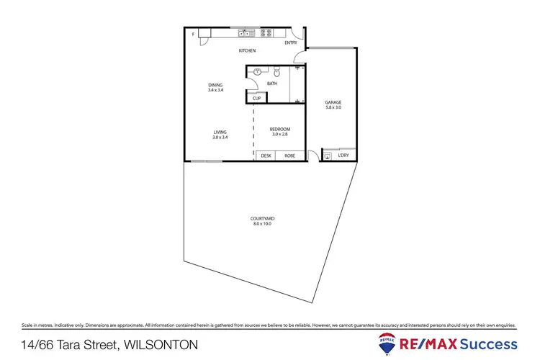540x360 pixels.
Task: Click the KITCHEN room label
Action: coord(247,50)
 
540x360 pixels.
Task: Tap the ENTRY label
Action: coord(291,42)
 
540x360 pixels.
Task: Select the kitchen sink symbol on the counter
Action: coord(247,32)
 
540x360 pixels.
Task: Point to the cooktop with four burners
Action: coord(266,32)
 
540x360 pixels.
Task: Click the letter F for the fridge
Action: coord(193,33)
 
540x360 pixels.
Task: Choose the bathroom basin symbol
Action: coord(256,72)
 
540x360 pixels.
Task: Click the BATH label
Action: coord(272,84)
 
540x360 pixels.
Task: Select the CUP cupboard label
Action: coord(256,98)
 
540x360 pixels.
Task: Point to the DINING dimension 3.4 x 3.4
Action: coord(215,91)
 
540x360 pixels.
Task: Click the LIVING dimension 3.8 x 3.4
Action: coord(220,137)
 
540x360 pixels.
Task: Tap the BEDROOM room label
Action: coord(279,129)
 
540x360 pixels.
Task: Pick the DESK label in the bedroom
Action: coord(266,156)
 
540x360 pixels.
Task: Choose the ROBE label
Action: coord(289,156)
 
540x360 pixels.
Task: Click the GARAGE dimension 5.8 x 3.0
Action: coord(333,107)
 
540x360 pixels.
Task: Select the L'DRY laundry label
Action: coord(343,156)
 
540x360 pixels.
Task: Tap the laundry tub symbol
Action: coord(328,156)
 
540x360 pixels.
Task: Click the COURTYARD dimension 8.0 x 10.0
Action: coord(262,223)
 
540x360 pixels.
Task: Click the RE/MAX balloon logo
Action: coord(386,343)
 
